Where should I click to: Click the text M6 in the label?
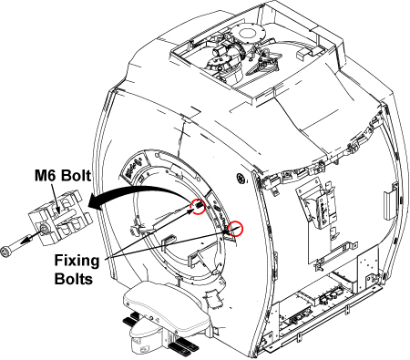[46, 176]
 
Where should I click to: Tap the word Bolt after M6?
[77, 176]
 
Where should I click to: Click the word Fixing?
[77, 262]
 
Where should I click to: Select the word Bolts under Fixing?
[74, 279]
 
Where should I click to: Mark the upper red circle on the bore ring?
[198, 207]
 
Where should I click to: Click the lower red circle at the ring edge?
[236, 229]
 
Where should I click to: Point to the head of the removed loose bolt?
[5, 252]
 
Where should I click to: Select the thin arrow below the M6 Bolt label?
[55, 197]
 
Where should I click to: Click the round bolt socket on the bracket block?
[44, 229]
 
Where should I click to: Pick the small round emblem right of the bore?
[241, 179]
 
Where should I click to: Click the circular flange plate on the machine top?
[249, 33]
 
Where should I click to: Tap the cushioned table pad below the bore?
[167, 307]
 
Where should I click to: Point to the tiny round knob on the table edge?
[151, 317]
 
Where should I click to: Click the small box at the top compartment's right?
[304, 53]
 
